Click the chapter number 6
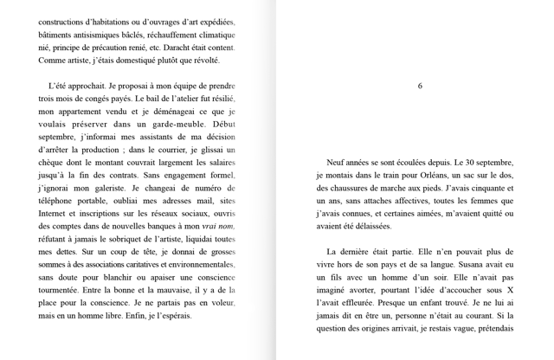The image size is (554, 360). tap(420, 87)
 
